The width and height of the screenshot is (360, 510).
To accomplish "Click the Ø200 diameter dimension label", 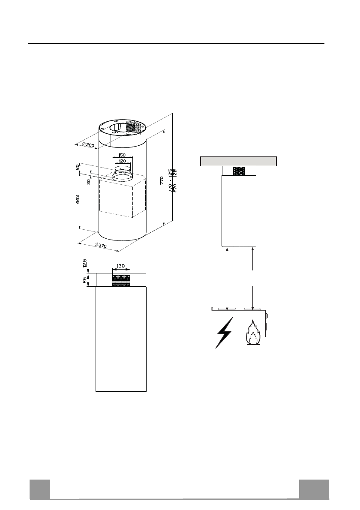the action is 89,145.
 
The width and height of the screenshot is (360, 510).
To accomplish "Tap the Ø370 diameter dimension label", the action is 100,245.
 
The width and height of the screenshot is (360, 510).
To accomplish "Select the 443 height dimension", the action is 78,200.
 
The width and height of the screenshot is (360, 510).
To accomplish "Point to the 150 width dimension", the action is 122,155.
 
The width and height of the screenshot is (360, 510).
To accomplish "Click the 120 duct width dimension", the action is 122,161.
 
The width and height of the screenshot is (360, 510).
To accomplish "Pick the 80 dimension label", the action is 78,167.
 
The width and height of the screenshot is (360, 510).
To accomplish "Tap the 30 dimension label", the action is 89,181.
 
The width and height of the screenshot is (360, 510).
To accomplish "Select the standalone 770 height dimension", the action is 162,180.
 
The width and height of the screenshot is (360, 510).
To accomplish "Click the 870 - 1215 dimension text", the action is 175,180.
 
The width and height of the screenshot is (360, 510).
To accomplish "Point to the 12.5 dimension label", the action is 84,263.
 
